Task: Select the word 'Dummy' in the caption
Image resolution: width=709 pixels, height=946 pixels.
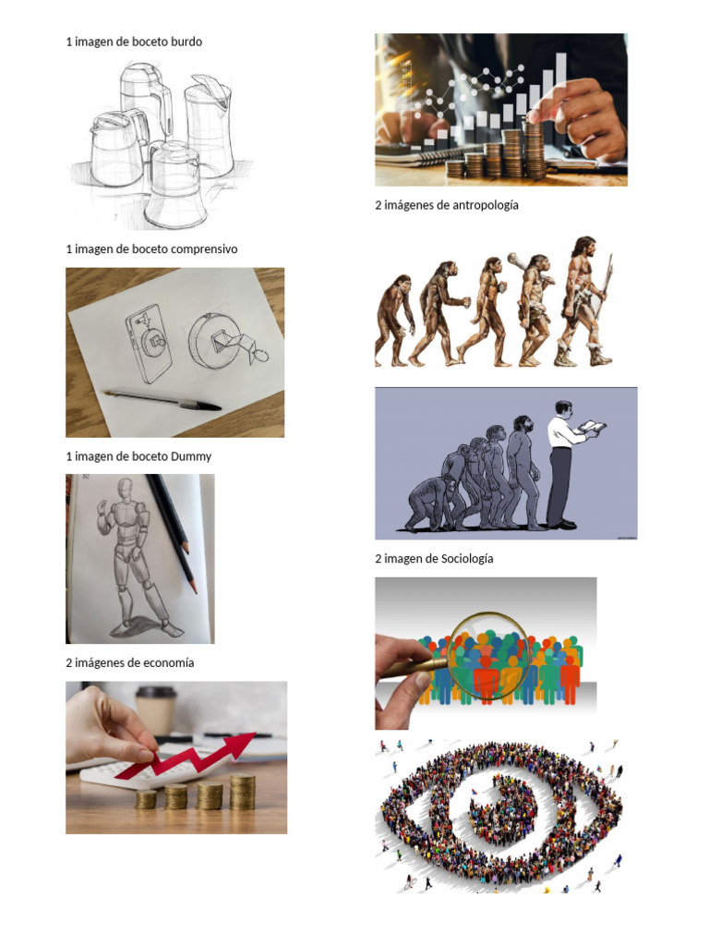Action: [191, 456]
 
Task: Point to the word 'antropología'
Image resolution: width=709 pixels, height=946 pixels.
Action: [485, 205]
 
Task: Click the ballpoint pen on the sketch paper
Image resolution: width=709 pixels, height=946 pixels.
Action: [162, 399]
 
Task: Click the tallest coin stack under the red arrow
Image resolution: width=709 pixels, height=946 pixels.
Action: [243, 793]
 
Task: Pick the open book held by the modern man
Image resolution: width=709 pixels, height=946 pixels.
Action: [593, 428]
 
